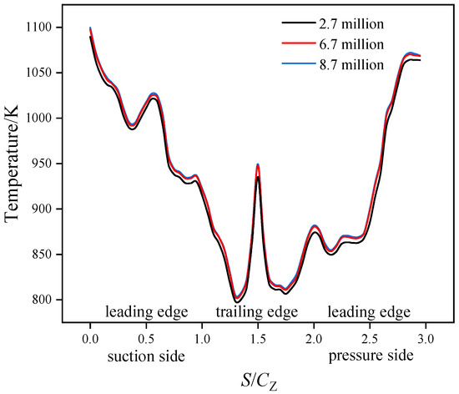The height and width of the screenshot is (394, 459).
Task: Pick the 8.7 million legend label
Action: (x=345, y=64)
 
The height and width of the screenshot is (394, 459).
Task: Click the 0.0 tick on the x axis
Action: (x=89, y=341)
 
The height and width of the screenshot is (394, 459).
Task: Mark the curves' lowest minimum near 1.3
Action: (x=237, y=299)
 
